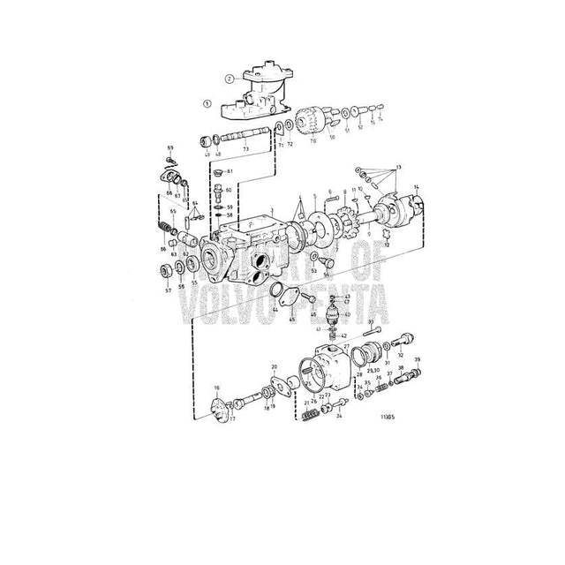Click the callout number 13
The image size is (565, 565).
click(x=398, y=168)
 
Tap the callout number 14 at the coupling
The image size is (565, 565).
click(x=417, y=186)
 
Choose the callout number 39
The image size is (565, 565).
click(x=418, y=359)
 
